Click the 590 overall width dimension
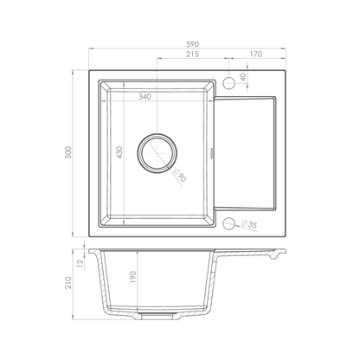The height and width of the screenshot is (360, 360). (x=192, y=44)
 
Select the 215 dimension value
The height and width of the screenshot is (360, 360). (x=192, y=54)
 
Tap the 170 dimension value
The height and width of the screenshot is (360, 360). (x=256, y=54)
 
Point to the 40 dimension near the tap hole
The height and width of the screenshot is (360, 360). (x=243, y=77)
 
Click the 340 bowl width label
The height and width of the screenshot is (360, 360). (x=145, y=97)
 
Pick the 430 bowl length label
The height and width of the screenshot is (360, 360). (x=119, y=152)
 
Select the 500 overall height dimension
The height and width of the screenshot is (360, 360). (x=68, y=152)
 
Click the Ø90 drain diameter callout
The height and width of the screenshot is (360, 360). (x=179, y=175)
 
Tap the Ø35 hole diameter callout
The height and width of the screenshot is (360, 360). (x=249, y=224)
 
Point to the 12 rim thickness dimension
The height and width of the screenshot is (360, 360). (x=80, y=262)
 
